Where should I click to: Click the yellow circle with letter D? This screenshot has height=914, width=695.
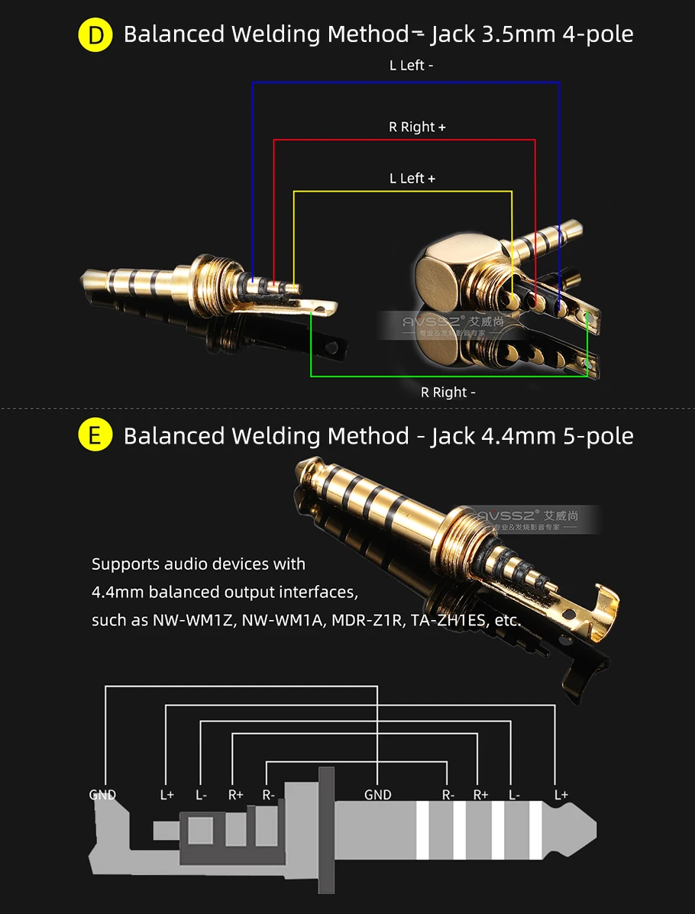click(x=95, y=35)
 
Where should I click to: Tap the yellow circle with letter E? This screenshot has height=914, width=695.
click(x=95, y=436)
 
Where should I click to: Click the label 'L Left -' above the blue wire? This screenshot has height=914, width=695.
click(x=411, y=66)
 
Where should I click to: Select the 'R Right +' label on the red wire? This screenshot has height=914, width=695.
click(x=416, y=127)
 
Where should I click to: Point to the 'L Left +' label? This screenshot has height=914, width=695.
click(x=412, y=178)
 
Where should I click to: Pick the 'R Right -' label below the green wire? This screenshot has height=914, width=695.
click(x=448, y=392)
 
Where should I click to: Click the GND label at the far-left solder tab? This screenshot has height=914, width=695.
click(x=102, y=795)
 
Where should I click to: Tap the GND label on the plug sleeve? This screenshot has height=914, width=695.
click(x=377, y=795)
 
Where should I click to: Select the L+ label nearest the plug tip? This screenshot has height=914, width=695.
click(x=561, y=795)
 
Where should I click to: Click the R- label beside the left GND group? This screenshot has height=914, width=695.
click(x=268, y=795)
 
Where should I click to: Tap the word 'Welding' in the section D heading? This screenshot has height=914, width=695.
click(x=276, y=34)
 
